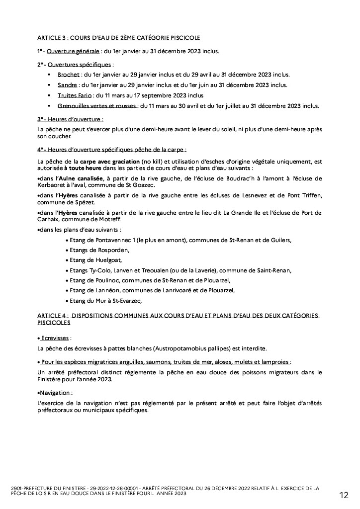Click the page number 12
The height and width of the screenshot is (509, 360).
pos(344,495)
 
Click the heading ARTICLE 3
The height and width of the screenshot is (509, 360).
pos(52,38)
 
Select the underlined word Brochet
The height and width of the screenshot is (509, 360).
pos(68,75)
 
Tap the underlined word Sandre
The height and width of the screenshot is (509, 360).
pos(67,85)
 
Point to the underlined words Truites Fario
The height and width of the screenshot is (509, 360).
pos(75,95)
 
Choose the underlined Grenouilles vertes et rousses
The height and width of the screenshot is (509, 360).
pos(98,106)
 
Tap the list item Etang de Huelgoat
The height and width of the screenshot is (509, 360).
pos(96,260)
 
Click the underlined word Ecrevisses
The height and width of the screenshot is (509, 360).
pos(56,337)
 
